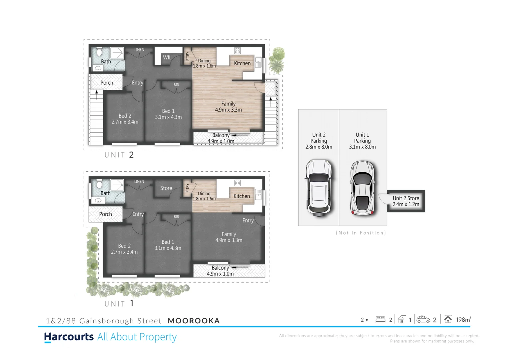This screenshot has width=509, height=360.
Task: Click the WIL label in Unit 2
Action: [167, 57]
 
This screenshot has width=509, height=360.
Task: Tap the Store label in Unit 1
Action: [166, 188]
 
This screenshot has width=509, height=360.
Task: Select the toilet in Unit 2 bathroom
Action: [99, 52]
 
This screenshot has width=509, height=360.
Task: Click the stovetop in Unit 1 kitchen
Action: [237, 183]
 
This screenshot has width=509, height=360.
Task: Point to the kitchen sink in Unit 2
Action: [258, 62]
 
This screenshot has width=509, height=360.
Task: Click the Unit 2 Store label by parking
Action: [406, 201]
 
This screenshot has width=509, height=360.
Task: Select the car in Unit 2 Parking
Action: [319, 188]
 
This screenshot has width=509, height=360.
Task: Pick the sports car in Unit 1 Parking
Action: [363, 188]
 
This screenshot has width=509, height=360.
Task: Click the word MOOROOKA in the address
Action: [194, 321]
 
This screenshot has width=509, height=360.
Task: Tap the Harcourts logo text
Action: [69, 337]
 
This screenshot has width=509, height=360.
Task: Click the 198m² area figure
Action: [463, 320]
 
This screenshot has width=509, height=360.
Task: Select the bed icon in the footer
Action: [380, 319]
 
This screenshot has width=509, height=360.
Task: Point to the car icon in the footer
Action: [423, 319]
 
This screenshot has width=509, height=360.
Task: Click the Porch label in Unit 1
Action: [105, 214]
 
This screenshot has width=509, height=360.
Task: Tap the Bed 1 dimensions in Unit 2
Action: [168, 117]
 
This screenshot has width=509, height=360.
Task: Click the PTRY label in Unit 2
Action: [188, 56]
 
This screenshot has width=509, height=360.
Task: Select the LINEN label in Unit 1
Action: [139, 182]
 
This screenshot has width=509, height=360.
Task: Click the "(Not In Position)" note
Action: [361, 233]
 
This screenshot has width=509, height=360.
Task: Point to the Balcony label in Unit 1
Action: [220, 268]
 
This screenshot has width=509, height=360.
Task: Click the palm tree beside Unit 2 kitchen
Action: [277, 60]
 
